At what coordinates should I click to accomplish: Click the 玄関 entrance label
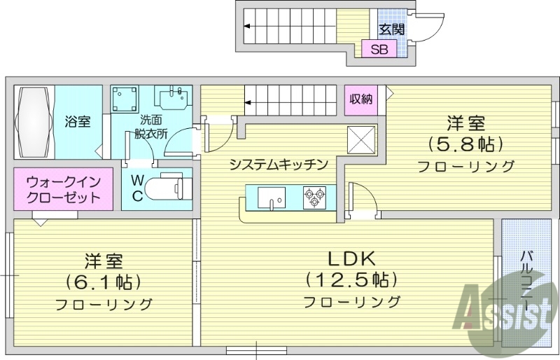point(392,29)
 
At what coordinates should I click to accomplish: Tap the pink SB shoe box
point(379,48)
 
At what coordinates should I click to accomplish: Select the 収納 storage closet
point(361,99)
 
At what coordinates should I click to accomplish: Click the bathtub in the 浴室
point(34,122)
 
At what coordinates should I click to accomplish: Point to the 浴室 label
point(77,122)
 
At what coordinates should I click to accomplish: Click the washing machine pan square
point(125,99)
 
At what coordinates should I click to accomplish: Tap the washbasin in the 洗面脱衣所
point(171,97)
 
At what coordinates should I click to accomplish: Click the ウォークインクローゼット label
point(64,190)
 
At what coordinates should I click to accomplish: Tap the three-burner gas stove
point(314,198)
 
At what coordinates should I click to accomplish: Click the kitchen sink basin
point(272,197)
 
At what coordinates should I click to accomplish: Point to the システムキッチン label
point(279,165)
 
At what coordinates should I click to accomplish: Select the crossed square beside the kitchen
point(361,140)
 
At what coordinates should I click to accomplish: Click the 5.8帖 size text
point(465,144)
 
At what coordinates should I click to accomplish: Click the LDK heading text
point(352,258)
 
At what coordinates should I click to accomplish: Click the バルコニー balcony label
point(526,282)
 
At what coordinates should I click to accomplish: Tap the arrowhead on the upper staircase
point(247,26)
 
